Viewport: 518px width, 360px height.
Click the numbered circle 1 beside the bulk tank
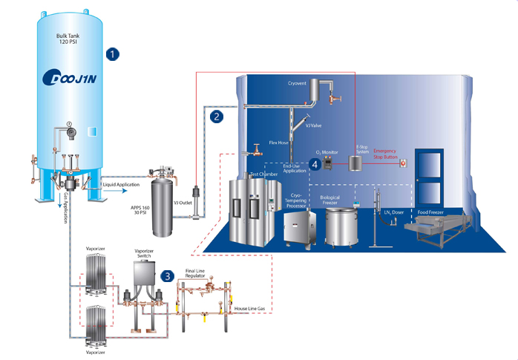tap(114, 53)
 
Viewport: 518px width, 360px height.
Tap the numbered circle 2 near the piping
tap(216, 116)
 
